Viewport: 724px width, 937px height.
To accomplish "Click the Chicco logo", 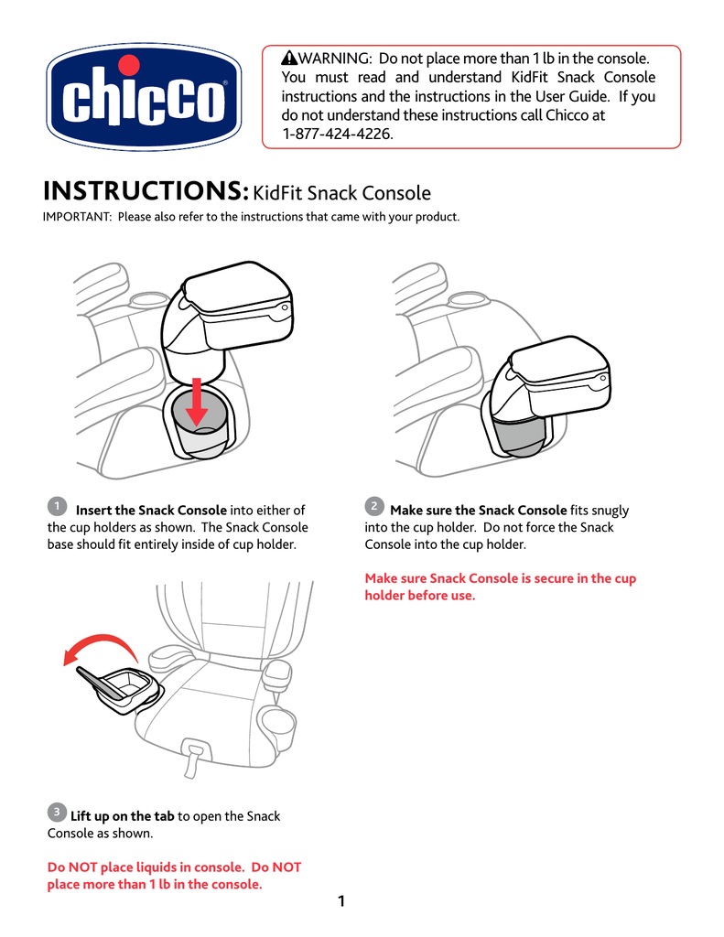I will pos(145,98).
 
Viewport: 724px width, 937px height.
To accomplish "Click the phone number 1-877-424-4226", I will pos(337,134).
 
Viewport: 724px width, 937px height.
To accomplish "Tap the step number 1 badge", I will pos(57,506).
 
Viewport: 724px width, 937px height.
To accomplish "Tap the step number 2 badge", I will pos(373,506).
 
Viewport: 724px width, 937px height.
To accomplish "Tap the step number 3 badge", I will pos(57,812).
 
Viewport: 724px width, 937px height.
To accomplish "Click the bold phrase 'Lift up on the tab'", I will pos(122,816).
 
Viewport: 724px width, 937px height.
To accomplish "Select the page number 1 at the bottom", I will pos(341,902).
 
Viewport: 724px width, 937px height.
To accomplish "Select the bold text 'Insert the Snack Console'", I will pos(151,511).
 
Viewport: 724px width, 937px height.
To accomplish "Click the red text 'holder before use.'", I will pos(420,596).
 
